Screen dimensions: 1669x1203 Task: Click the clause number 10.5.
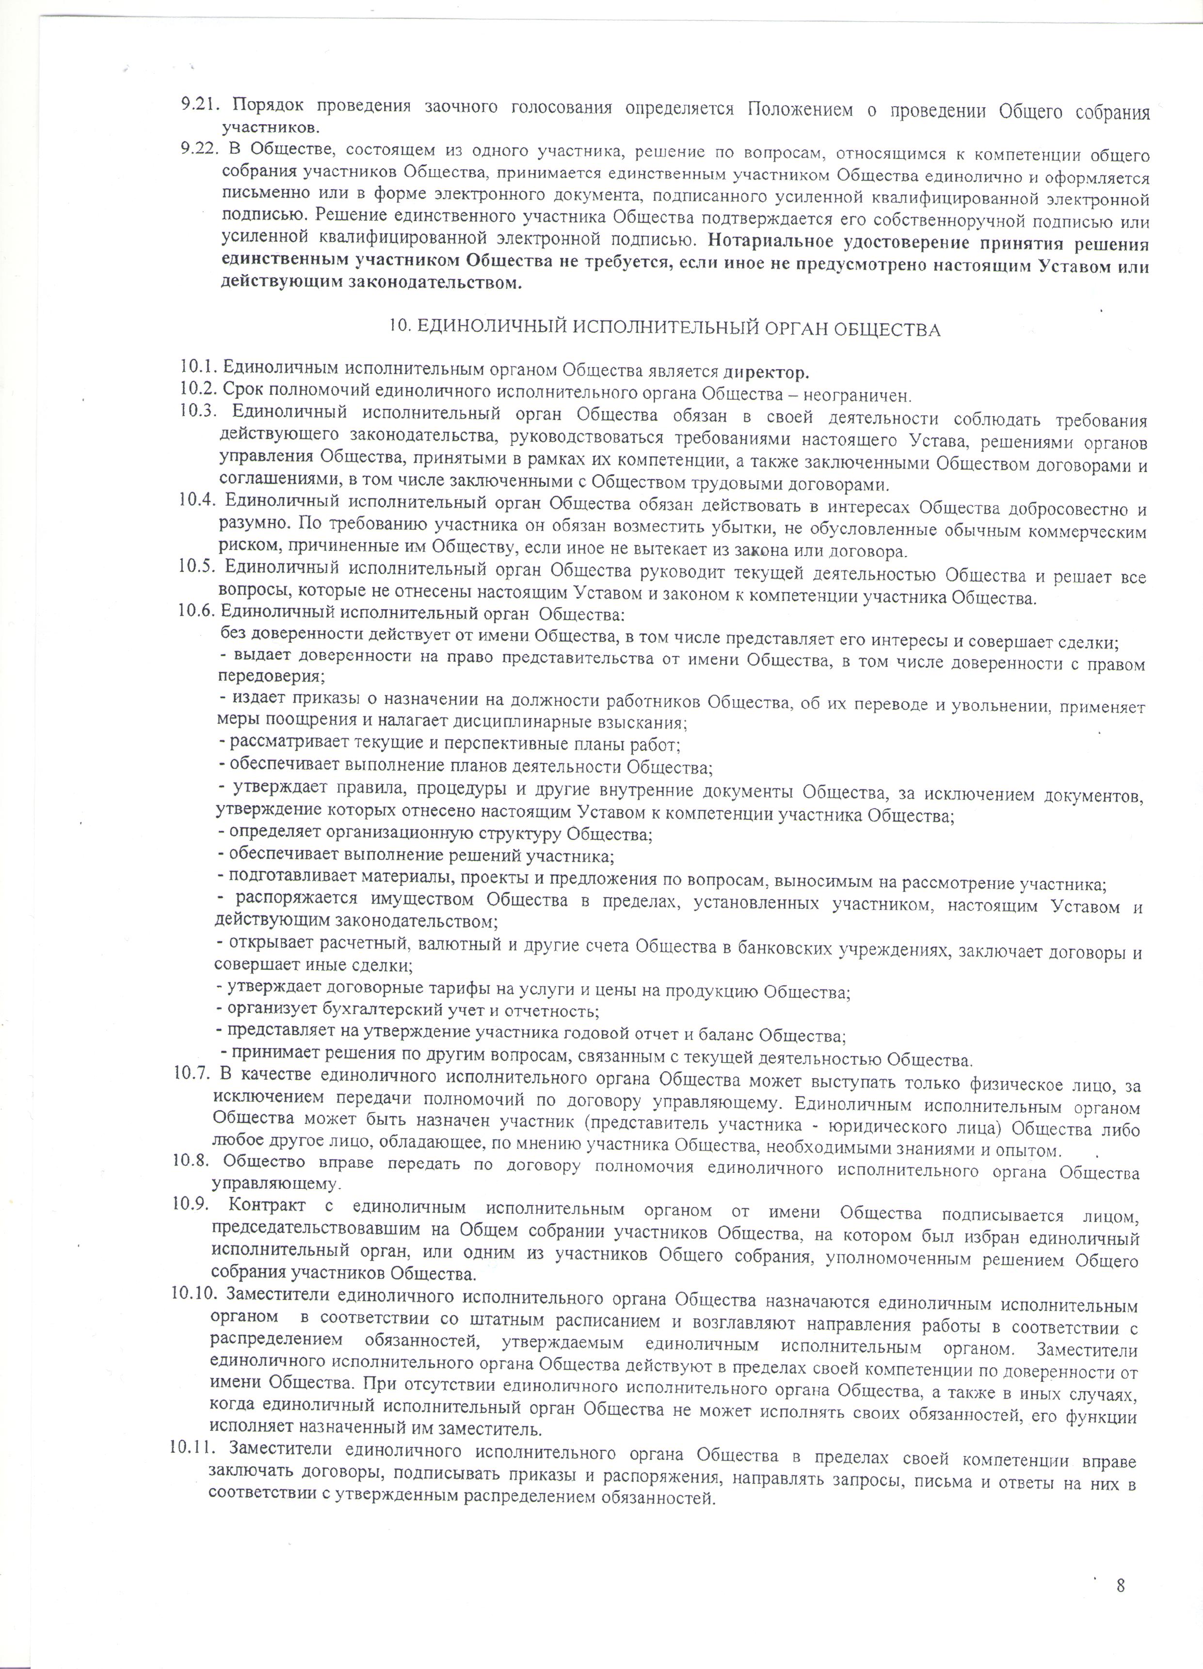tap(197, 566)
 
